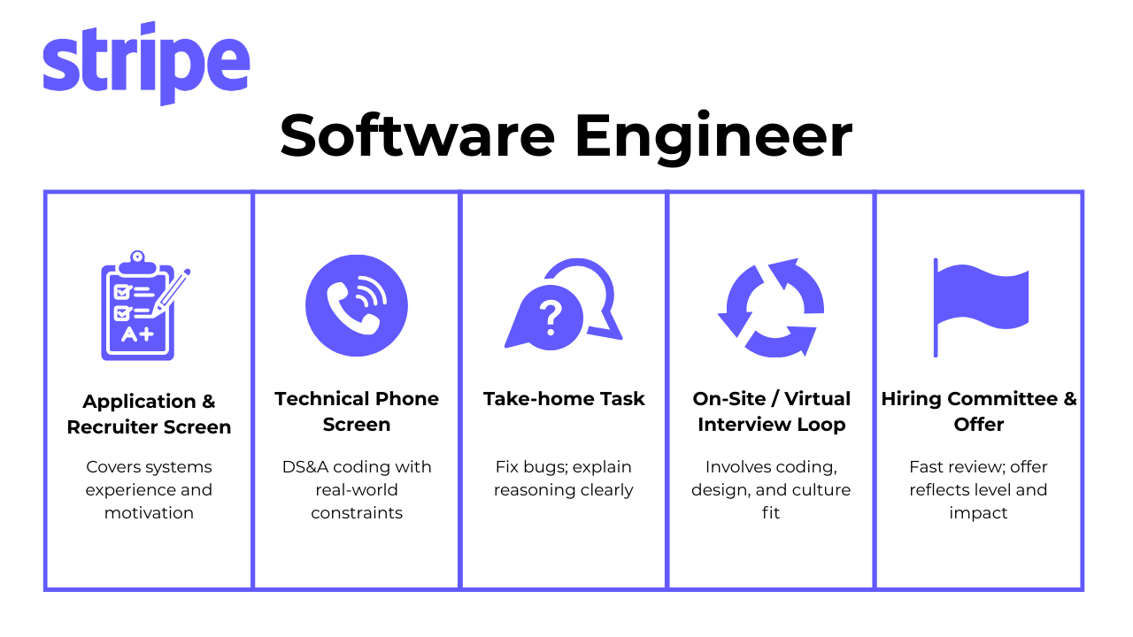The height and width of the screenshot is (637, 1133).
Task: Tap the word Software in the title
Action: click(418, 136)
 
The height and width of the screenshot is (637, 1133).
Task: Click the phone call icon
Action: click(356, 305)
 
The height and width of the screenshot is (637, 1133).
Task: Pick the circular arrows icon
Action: click(770, 307)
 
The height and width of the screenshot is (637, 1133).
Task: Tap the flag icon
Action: click(980, 305)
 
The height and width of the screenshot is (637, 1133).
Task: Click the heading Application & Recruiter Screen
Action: click(149, 414)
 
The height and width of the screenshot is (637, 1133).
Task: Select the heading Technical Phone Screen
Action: click(357, 411)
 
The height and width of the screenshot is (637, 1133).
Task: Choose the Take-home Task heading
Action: click(564, 399)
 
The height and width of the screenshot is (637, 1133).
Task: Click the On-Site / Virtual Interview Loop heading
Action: click(771, 411)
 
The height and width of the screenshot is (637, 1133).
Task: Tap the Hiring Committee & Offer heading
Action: click(979, 411)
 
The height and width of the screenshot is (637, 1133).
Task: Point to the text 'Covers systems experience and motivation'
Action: click(149, 489)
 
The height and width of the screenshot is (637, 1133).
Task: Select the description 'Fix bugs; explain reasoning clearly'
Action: click(564, 478)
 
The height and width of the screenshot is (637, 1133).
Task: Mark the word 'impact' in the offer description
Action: click(978, 513)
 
